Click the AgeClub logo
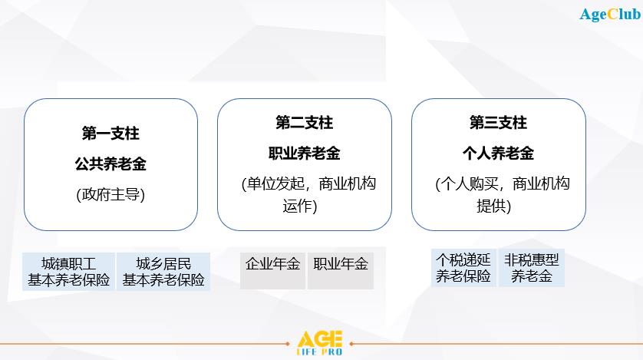610,15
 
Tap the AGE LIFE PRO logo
319,343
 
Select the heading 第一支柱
110,134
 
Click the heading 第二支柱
305,123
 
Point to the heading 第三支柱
498,123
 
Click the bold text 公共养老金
110,164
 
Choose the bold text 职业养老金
305,154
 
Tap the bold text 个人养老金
498,154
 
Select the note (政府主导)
110,194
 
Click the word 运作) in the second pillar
300,206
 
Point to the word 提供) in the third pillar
493,206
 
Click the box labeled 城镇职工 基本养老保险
68,272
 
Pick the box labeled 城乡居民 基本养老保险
163,272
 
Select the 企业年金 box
272,271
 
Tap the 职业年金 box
341,271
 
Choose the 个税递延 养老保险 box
463,268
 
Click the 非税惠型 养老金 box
532,268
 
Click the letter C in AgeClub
612,15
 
